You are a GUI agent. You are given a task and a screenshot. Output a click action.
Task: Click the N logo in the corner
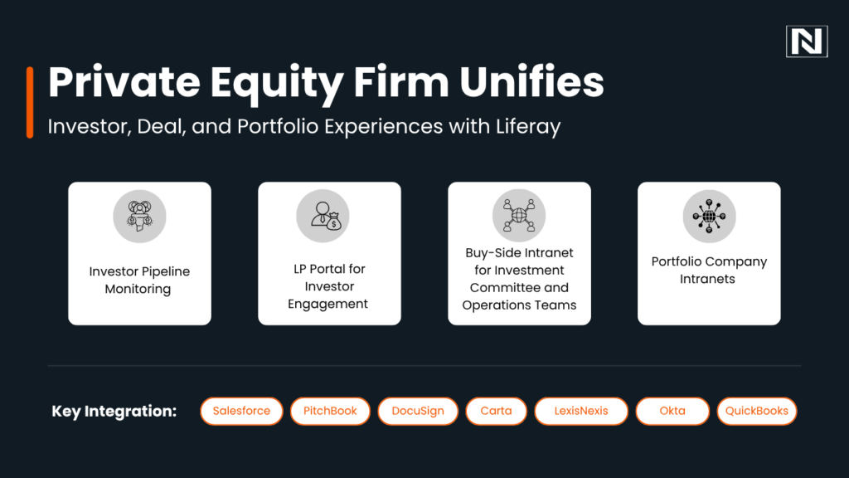pyautogui.click(x=807, y=41)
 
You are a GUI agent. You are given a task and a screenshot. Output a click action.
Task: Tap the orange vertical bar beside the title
pyautogui.click(x=30, y=102)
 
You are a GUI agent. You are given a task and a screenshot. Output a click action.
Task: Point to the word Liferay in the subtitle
pyautogui.click(x=527, y=127)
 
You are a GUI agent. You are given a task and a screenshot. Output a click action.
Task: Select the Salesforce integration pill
pyautogui.click(x=241, y=411)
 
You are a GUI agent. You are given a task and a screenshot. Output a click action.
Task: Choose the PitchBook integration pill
pyautogui.click(x=330, y=411)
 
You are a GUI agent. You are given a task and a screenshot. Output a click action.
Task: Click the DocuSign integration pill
pyautogui.click(x=418, y=411)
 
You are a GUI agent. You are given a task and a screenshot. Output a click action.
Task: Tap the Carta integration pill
pyautogui.click(x=496, y=411)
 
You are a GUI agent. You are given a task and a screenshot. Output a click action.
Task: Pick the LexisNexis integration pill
pyautogui.click(x=580, y=411)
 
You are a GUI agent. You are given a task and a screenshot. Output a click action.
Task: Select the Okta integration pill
pyautogui.click(x=672, y=411)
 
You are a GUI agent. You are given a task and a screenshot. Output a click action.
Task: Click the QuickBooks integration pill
pyautogui.click(x=756, y=411)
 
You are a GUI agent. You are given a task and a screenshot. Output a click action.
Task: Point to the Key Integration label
pyautogui.click(x=114, y=412)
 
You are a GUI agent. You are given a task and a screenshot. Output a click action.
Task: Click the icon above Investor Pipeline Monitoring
pyautogui.click(x=139, y=217)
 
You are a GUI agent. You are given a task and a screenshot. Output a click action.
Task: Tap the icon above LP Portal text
pyautogui.click(x=323, y=217)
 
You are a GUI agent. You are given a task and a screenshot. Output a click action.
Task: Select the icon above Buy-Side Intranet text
pyautogui.click(x=519, y=215)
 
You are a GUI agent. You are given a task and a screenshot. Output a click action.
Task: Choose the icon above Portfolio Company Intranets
pyautogui.click(x=709, y=216)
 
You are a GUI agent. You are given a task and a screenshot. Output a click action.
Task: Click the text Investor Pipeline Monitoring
pyautogui.click(x=138, y=280)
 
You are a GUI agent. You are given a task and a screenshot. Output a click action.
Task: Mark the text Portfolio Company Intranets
pyautogui.click(x=709, y=271)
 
